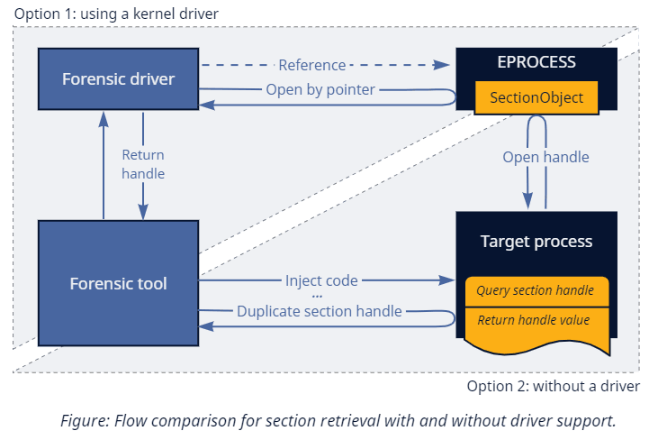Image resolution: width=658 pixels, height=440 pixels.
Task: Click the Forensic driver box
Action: tap(118, 78)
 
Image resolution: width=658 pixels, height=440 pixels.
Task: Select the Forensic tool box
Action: tap(118, 283)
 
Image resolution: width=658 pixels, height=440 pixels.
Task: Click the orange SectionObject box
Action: tap(536, 97)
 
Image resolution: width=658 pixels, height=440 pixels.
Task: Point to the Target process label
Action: tap(536, 241)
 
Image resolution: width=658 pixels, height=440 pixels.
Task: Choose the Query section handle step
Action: tap(536, 290)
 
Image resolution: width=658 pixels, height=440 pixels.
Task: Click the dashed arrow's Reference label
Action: tap(311, 65)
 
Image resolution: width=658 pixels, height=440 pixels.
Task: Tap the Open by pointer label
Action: tap(320, 89)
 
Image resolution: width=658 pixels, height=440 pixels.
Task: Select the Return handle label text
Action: tap(143, 164)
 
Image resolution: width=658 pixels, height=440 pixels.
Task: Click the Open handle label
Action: tap(545, 157)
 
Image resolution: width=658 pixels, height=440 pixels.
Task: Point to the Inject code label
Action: tap(321, 280)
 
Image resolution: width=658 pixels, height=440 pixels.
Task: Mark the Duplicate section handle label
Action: tap(319, 311)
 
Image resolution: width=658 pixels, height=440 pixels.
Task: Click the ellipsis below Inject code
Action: tap(317, 296)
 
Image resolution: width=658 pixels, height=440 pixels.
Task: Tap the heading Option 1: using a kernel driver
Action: tap(116, 14)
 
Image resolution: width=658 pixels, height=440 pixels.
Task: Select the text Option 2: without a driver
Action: tap(553, 386)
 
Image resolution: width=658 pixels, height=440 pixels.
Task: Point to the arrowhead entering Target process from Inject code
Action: tap(447, 280)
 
